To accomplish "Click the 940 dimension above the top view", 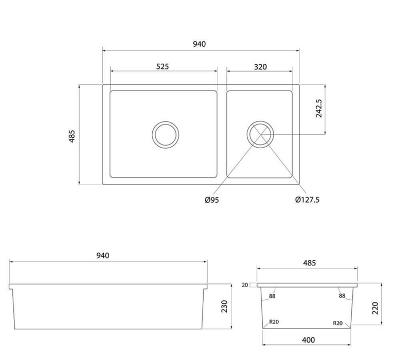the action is (199, 44).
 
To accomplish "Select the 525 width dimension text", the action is (163, 66).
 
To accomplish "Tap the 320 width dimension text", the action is (260, 67).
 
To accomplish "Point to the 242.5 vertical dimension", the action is (318, 109).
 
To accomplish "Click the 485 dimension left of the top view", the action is (72, 136).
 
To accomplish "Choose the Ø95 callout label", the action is (212, 200).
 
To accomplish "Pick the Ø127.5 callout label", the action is (307, 200).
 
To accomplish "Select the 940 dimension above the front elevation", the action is (103, 256).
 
